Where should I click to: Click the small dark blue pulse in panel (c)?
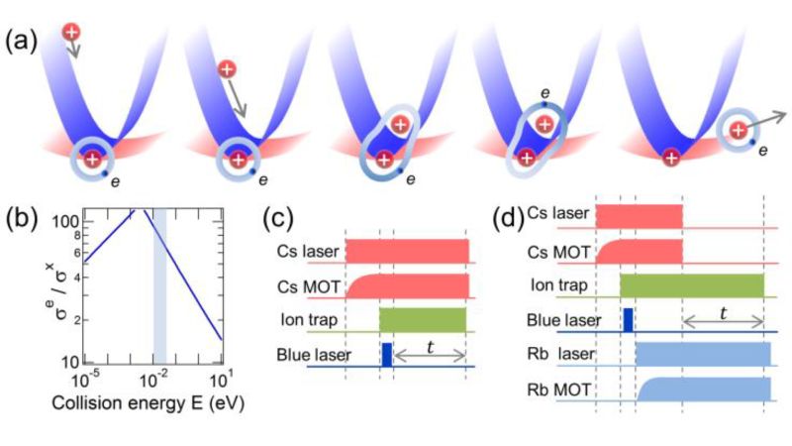[387, 355]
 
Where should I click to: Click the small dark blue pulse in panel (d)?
[628, 319]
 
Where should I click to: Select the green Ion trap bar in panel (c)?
[423, 320]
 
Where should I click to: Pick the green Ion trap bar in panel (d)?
[692, 285]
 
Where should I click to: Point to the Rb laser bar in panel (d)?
[702, 355]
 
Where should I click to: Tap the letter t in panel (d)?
[723, 310]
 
